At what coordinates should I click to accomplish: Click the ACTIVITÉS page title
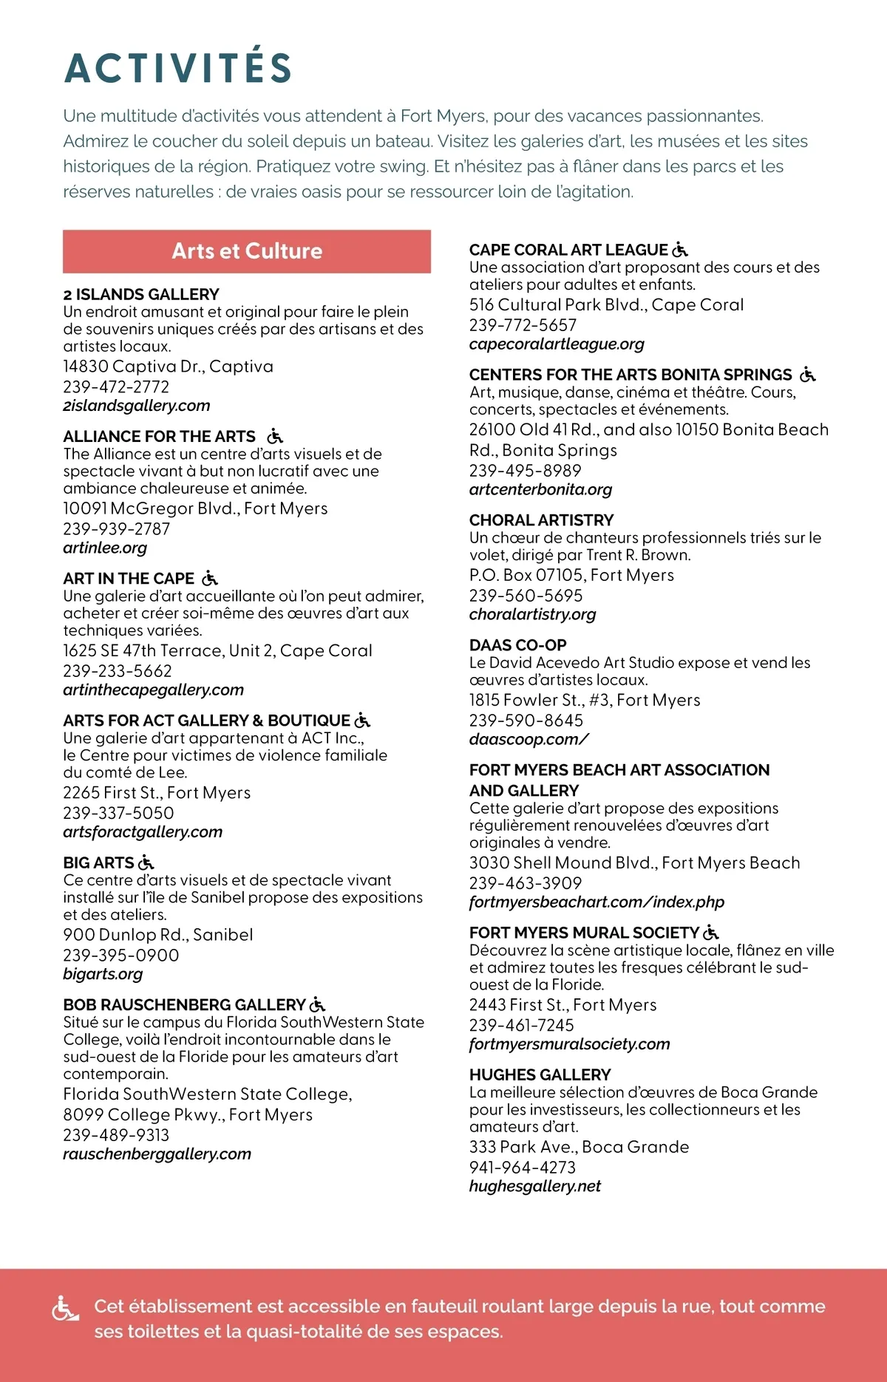coord(178,68)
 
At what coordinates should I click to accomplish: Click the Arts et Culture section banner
coord(247,251)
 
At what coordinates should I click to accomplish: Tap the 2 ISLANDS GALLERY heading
coord(141,294)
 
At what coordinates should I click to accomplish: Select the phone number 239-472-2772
coord(116,387)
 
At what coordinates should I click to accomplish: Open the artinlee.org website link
coord(105,548)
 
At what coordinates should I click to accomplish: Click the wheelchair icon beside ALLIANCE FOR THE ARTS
coord(275,436)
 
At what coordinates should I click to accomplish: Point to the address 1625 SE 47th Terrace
coord(217,650)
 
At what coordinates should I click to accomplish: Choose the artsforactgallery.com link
coord(143,831)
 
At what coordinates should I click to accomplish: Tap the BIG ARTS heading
coord(98,862)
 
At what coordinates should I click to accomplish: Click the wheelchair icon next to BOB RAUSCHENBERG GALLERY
coord(318,1004)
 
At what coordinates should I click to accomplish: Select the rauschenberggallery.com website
coord(157,1154)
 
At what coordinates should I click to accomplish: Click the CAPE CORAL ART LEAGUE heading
coord(568,250)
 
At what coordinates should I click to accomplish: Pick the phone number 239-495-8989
coord(525,470)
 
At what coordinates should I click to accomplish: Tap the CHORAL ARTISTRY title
coord(541,520)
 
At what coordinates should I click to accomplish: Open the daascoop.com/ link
coord(529,739)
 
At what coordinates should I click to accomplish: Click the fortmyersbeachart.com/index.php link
coord(597,902)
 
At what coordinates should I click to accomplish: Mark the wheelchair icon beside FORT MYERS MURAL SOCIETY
coord(711,933)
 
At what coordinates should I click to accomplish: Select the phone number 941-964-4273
coord(522,1167)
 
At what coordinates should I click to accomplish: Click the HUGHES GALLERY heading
coord(540,1075)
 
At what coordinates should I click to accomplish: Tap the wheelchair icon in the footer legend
coord(65,1310)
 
